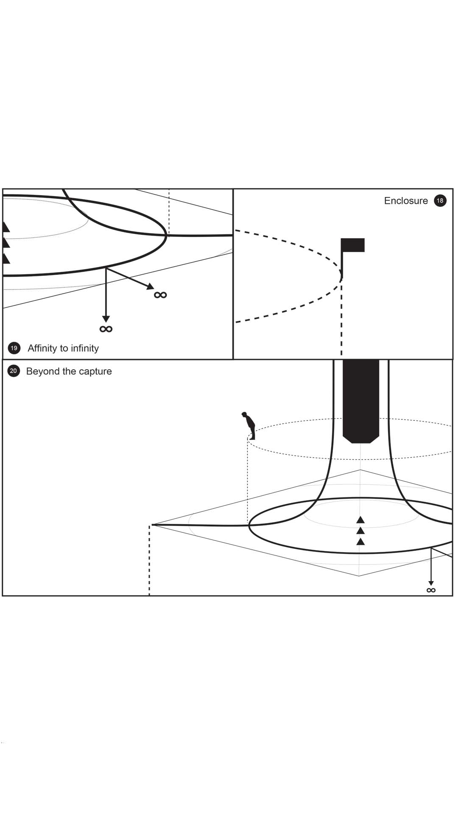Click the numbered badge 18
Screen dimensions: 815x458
(x=440, y=200)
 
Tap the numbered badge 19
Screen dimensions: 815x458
(x=14, y=348)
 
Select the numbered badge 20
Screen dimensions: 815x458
(x=14, y=371)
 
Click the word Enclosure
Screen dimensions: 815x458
(x=406, y=201)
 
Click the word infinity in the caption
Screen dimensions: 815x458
(x=85, y=348)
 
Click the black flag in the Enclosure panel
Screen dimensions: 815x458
(x=353, y=245)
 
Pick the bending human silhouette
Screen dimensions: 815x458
(x=249, y=425)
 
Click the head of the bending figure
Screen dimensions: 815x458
(x=244, y=414)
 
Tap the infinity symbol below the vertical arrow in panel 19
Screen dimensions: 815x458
(x=106, y=329)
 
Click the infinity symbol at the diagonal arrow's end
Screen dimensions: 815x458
(x=160, y=295)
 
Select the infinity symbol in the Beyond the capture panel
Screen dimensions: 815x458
(x=431, y=590)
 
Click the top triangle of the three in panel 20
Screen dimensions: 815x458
(x=360, y=520)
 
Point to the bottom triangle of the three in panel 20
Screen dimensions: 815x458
(x=360, y=542)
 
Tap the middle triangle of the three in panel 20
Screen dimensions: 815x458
(x=360, y=531)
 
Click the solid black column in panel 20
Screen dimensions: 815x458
(x=360, y=399)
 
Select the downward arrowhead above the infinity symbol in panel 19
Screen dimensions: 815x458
(x=106, y=319)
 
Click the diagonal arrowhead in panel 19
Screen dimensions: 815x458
(x=150, y=287)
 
